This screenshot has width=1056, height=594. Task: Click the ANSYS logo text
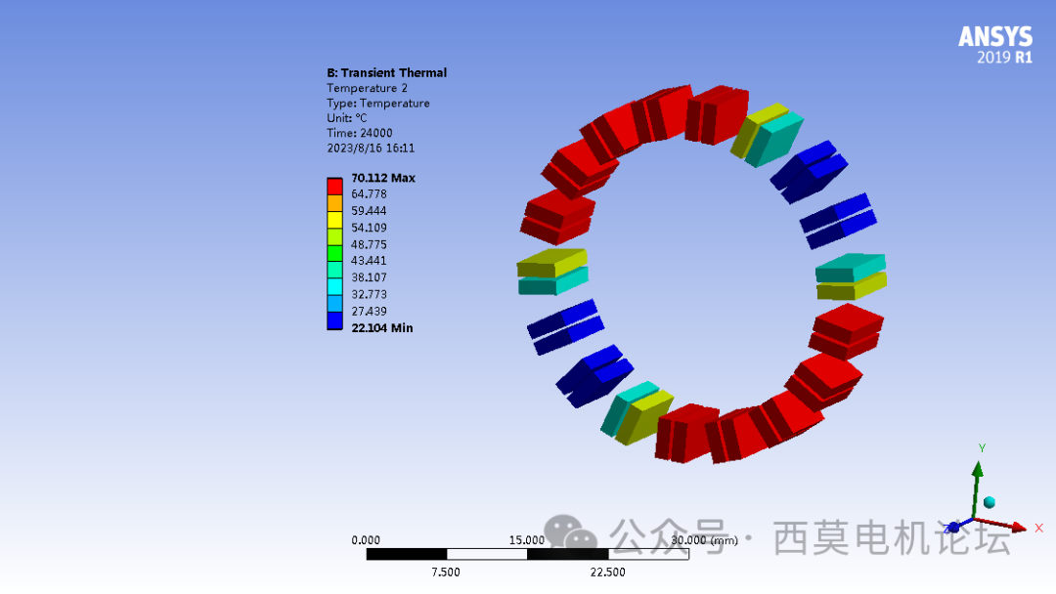[995, 36]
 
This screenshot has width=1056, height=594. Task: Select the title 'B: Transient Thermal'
[386, 72]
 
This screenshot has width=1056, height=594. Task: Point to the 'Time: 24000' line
[360, 133]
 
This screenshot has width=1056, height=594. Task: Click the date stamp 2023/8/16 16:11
[371, 148]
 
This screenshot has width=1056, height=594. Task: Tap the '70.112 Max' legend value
[383, 178]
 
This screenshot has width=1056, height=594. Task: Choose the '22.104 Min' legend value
[382, 328]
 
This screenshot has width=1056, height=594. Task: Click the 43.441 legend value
[369, 261]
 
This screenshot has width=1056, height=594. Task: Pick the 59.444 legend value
[369, 211]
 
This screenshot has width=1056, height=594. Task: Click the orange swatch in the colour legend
[334, 203]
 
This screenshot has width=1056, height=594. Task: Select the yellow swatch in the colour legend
[334, 220]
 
